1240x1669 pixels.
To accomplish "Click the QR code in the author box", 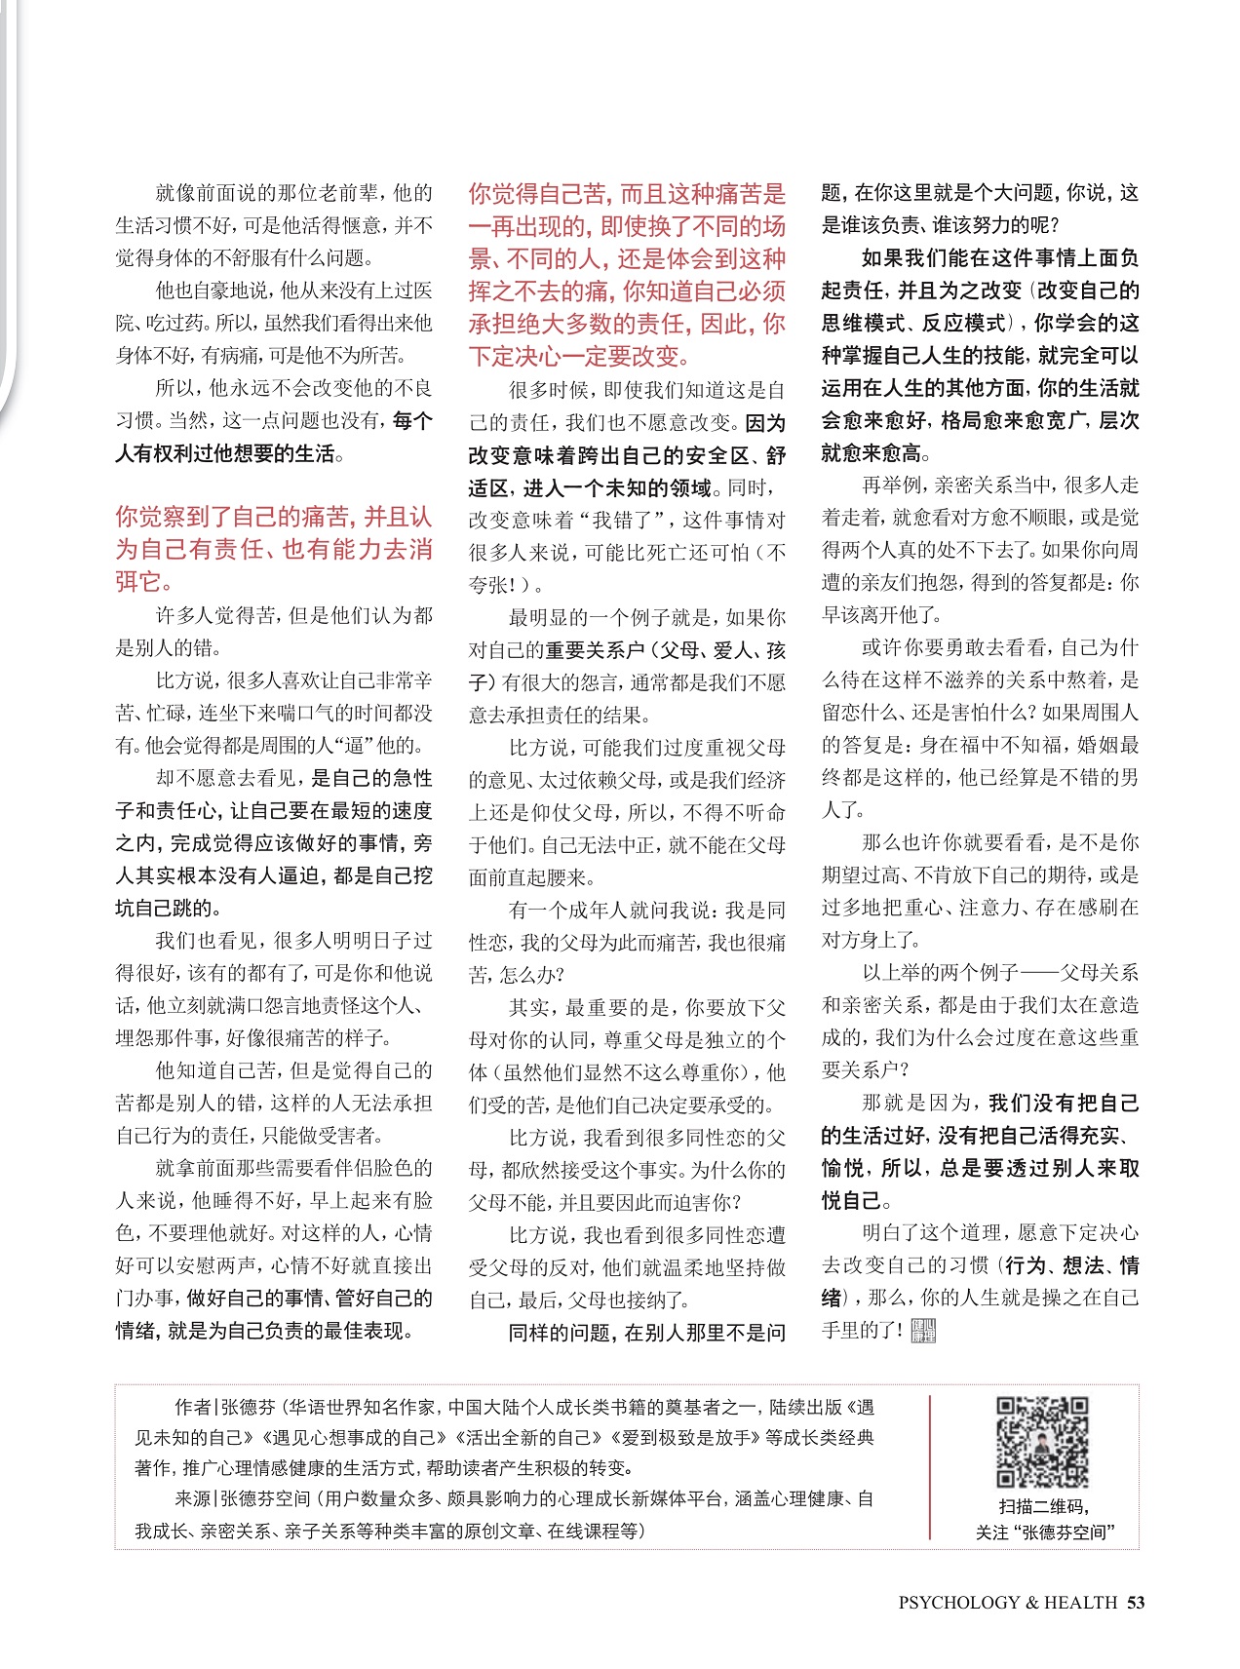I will point(1042,1442).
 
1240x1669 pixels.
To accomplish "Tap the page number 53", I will point(1135,1603).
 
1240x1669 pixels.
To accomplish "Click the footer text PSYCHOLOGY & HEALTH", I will point(1007,1603).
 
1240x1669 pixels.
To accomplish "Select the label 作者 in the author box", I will point(192,1408).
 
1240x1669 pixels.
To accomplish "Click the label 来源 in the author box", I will point(192,1498).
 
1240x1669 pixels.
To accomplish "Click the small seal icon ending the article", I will point(922,1331).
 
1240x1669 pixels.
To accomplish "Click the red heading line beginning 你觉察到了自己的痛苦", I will point(273,518).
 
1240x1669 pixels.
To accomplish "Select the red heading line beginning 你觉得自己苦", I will point(627,194).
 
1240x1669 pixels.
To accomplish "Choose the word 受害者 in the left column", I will point(350,1136).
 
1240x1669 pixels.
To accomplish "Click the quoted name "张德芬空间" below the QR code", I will point(1064,1533).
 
